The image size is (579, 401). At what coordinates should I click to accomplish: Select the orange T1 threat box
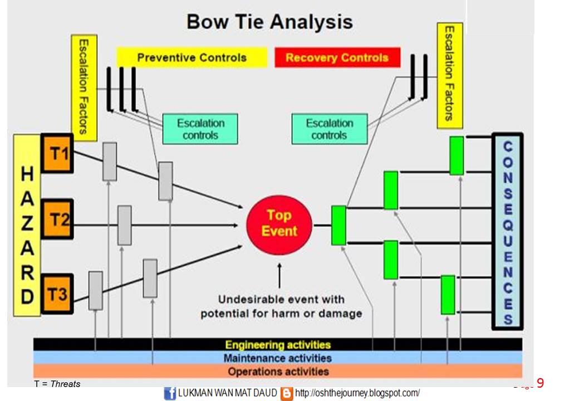[57, 153]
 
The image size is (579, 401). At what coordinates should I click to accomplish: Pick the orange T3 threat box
[57, 294]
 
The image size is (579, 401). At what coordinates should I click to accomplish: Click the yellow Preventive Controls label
[192, 57]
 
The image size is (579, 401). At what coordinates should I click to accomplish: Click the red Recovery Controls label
[337, 57]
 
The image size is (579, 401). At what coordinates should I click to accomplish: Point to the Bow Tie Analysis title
[269, 22]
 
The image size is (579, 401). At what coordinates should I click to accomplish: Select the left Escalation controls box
[200, 129]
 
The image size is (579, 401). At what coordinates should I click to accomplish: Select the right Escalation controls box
[330, 129]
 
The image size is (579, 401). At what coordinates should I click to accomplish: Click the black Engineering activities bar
[277, 345]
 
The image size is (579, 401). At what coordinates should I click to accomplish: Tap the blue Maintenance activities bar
[277, 358]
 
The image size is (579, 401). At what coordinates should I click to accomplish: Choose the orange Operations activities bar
[277, 371]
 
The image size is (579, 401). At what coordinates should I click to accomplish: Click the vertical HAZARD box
[27, 225]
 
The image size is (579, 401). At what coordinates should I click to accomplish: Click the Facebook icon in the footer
[170, 393]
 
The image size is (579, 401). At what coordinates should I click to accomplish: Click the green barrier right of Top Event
[338, 225]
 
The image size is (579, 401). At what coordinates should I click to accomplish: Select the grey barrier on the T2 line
[125, 225]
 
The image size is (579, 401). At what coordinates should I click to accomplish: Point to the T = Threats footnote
[57, 384]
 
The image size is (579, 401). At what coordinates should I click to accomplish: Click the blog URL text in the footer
[357, 393]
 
